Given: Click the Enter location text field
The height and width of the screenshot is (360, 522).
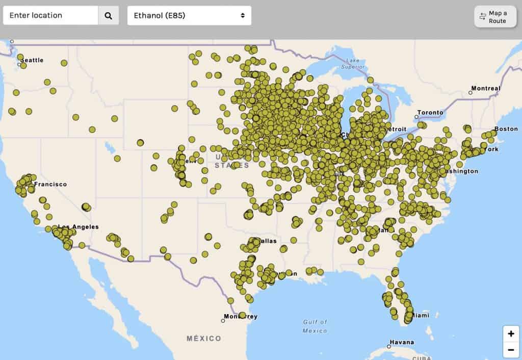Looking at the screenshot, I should click(x=50, y=15).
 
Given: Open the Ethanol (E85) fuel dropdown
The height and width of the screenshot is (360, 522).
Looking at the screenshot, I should click(x=189, y=15).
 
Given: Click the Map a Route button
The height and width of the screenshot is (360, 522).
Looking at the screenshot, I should click(x=495, y=17).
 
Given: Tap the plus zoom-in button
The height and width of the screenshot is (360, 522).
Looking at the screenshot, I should click(x=511, y=334).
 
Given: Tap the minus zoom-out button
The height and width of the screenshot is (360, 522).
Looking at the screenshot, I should click(x=511, y=350).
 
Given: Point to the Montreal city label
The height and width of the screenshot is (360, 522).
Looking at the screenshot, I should click(x=486, y=89).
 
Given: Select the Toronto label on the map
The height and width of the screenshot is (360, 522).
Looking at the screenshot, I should click(x=431, y=112).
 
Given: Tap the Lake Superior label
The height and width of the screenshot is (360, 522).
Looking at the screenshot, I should click(x=353, y=63).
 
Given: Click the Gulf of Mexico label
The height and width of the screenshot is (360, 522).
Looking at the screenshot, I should click(x=315, y=326).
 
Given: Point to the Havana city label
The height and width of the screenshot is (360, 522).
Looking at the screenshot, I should click(x=403, y=342).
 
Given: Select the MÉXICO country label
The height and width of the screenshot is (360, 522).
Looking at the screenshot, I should click(x=204, y=339).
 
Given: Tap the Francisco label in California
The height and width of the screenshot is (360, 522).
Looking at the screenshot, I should click(x=50, y=184).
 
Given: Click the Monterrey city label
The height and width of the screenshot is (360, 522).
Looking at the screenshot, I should click(x=242, y=317).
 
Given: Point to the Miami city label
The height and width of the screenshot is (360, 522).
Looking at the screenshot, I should click(x=421, y=316).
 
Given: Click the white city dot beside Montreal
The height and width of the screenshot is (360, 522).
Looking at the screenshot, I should click(x=471, y=93).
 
